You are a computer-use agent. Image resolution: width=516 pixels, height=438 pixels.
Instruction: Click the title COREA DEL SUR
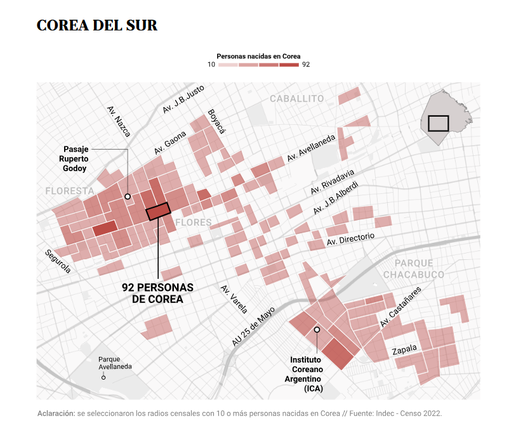[97, 26]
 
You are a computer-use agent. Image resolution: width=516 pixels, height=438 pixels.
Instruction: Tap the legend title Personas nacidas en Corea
[258, 56]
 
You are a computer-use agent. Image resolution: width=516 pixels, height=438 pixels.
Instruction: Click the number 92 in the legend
[306, 65]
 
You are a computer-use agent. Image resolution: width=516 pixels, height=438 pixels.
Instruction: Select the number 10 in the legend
[211, 65]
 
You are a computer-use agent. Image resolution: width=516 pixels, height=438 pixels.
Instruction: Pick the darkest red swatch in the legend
[289, 65]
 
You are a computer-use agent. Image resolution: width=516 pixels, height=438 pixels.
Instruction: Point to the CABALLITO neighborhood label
[296, 99]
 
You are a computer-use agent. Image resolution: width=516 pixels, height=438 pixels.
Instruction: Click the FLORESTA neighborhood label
[70, 191]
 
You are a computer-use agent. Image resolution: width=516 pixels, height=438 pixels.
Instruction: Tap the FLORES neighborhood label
[193, 222]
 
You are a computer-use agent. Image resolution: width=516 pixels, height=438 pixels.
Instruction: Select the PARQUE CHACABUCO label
[414, 269]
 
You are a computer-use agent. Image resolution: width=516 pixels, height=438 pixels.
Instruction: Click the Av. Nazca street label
[119, 121]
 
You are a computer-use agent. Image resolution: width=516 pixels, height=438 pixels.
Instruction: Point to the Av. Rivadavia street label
[332, 182]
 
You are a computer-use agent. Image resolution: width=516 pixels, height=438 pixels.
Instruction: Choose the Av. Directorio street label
[350, 240]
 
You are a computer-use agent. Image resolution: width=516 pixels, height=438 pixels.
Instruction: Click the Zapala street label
[404, 350]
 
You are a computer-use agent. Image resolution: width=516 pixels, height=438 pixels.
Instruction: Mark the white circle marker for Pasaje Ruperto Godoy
[128, 196]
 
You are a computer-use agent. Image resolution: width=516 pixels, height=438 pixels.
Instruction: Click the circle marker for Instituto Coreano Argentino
[317, 330]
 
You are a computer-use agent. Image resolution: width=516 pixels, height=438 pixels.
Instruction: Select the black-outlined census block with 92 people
[158, 211]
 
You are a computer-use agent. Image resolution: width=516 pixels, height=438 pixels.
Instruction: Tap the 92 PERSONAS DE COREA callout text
[157, 293]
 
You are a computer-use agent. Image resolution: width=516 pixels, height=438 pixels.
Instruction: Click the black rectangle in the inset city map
[439, 123]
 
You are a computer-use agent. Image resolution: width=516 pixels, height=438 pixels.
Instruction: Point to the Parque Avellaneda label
[115, 363]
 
